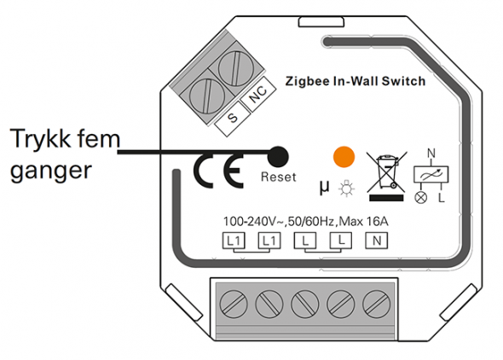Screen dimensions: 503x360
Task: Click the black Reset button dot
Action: pyautogui.click(x=278, y=157)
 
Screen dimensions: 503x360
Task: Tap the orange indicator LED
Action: pyautogui.click(x=344, y=157)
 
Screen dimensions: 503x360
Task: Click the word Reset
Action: pyautogui.click(x=279, y=177)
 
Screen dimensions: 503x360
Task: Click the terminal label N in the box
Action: pyautogui.click(x=377, y=241)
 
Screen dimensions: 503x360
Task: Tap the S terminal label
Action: pyautogui.click(x=232, y=118)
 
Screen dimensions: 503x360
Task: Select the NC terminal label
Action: pyautogui.click(x=258, y=94)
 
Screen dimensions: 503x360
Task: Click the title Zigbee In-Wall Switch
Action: pyautogui.click(x=356, y=81)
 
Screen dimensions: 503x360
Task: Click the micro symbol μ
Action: pyautogui.click(x=324, y=187)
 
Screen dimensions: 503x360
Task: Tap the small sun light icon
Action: pyautogui.click(x=346, y=189)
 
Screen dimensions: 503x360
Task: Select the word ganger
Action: pyautogui.click(x=51, y=171)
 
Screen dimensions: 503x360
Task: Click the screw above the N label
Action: pyautogui.click(x=377, y=304)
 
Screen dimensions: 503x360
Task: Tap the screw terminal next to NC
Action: pyautogui.click(x=236, y=68)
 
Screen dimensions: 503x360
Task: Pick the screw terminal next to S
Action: pyautogui.click(x=207, y=96)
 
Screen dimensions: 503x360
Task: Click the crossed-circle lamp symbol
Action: pyautogui.click(x=421, y=197)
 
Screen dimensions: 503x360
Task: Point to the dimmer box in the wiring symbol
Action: pyautogui.click(x=431, y=174)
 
